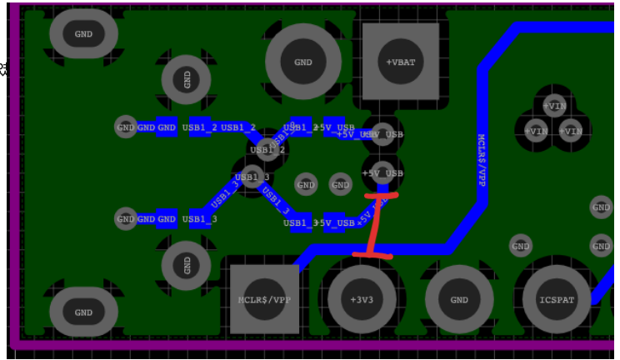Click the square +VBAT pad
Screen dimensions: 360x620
(x=400, y=62)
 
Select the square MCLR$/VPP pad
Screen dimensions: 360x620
(x=263, y=299)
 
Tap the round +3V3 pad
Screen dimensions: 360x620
(x=362, y=299)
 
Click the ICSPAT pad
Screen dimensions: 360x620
(x=557, y=299)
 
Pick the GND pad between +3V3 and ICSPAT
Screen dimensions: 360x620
(x=459, y=299)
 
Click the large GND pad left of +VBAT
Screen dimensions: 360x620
(x=302, y=62)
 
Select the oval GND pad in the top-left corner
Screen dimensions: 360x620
(x=83, y=34)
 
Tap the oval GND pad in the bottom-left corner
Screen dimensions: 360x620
(x=83, y=312)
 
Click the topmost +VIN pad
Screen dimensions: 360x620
(x=554, y=105)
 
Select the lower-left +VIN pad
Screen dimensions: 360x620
(x=536, y=131)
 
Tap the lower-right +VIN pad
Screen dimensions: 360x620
(x=571, y=131)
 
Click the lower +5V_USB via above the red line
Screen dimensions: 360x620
(x=382, y=172)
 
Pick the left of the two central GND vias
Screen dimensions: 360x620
(x=306, y=184)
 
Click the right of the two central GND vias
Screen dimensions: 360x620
(x=340, y=184)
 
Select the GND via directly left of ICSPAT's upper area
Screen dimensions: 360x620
(x=520, y=246)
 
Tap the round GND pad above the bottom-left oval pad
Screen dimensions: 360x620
(x=187, y=265)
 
